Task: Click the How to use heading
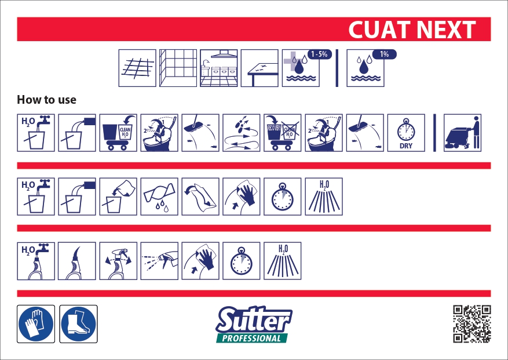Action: pyautogui.click(x=47, y=100)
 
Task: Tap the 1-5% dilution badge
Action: pyautogui.click(x=319, y=54)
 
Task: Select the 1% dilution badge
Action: pyautogui.click(x=384, y=54)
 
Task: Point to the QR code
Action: pyautogui.click(x=472, y=323)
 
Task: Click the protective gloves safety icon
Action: pyautogui.click(x=36, y=323)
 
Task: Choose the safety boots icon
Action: pyautogui.click(x=79, y=323)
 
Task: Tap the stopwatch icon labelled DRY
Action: pyautogui.click(x=406, y=133)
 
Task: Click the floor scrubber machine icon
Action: pyautogui.click(x=463, y=133)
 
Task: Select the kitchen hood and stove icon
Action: pyautogui.click(x=219, y=68)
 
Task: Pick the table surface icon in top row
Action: pyautogui.click(x=260, y=68)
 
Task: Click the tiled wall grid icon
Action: pyautogui.click(x=178, y=68)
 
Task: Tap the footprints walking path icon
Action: pyautogui.click(x=242, y=133)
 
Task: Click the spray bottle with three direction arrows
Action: pyautogui.click(x=118, y=261)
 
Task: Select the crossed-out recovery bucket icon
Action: pyautogui.click(x=283, y=133)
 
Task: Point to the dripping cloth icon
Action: pyautogui.click(x=159, y=197)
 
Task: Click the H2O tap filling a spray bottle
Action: pyautogui.click(x=36, y=261)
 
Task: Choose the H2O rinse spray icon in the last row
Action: pyautogui.click(x=283, y=261)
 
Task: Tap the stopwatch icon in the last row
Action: pyautogui.click(x=242, y=261)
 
